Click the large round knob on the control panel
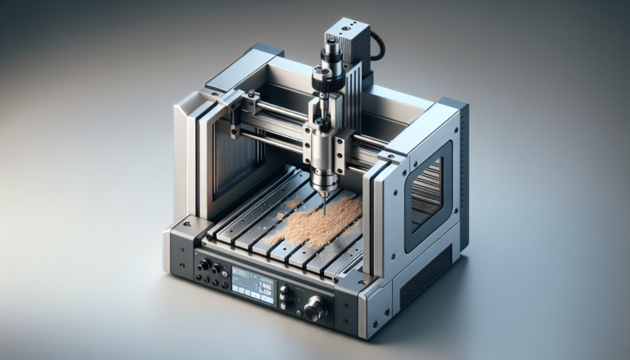tap(313, 309)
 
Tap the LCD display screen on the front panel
tap(253, 283)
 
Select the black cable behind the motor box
tap(377, 45)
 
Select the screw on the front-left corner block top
tap(186, 224)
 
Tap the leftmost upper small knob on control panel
tap(203, 263)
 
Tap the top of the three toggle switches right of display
tap(285, 287)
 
